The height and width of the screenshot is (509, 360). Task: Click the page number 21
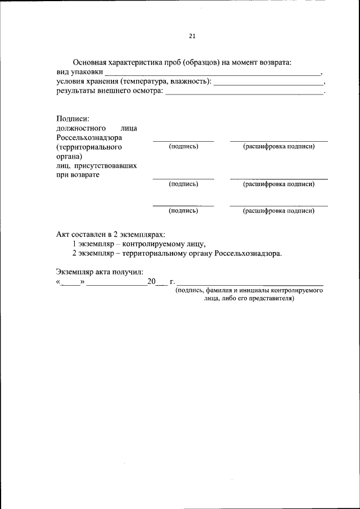[x=191, y=37]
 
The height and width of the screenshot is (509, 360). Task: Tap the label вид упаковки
[x=79, y=72]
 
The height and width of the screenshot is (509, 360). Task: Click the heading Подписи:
[x=73, y=118]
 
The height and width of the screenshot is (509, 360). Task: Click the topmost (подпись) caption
[x=183, y=146]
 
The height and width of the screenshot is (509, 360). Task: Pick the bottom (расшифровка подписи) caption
[x=278, y=211]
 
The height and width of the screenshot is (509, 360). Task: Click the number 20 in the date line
[x=151, y=281]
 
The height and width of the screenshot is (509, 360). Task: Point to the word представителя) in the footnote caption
[x=269, y=299]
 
